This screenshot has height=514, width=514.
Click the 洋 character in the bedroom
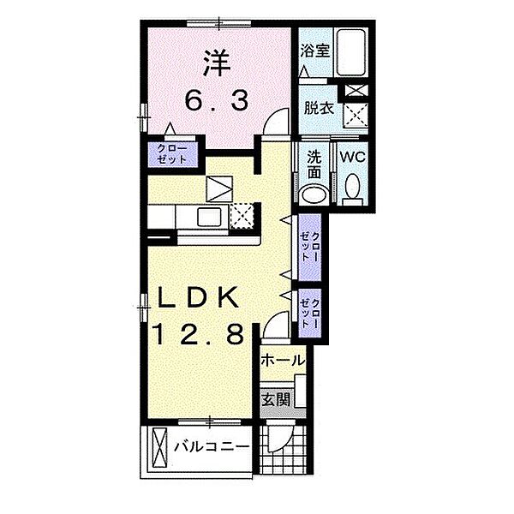click(x=217, y=63)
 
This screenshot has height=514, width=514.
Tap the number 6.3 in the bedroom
click(x=217, y=101)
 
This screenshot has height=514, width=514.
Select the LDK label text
click(x=197, y=297)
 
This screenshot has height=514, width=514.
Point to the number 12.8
click(x=199, y=333)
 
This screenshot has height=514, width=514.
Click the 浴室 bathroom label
click(x=314, y=51)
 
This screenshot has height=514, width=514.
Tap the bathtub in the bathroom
click(x=351, y=52)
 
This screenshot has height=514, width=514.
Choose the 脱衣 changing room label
click(x=319, y=108)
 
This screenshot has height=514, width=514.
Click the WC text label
click(x=352, y=158)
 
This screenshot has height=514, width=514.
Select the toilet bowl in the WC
click(x=352, y=189)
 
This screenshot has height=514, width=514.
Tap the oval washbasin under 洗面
click(x=314, y=194)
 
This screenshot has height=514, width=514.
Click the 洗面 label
click(x=314, y=165)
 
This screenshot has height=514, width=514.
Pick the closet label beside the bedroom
click(x=172, y=154)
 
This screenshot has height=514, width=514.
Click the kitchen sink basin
click(x=208, y=218)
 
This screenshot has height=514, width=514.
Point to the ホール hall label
click(x=283, y=361)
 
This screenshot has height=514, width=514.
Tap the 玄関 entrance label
click(x=276, y=399)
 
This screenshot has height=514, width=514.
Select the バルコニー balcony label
click(x=212, y=447)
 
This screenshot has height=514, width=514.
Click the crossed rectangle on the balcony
click(x=160, y=449)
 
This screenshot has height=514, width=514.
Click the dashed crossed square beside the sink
click(x=242, y=216)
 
